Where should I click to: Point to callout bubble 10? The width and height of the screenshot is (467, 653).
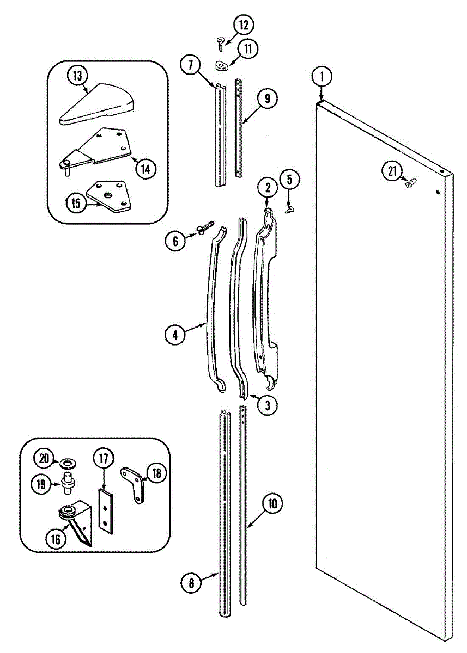pos(272,504)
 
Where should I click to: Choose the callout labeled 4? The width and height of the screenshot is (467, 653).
pos(175,335)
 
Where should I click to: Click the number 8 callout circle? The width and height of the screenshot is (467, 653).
pos(191,583)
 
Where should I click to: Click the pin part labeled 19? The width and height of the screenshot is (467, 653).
pos(69,482)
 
